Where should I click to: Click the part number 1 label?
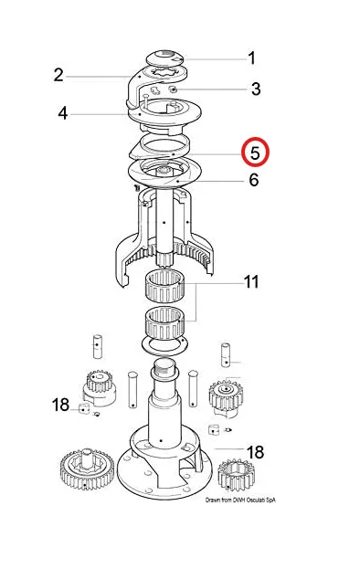pyautogui.click(x=252, y=58)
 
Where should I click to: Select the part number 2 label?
pyautogui.click(x=58, y=75)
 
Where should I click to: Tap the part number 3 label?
pyautogui.click(x=256, y=89)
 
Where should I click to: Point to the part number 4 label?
pyautogui.click(x=63, y=113)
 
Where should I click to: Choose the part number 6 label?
pyautogui.click(x=254, y=180)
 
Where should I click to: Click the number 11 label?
pyautogui.click(x=251, y=281)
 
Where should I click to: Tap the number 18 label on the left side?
pyautogui.click(x=60, y=405)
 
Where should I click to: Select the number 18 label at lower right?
pyautogui.click(x=255, y=452)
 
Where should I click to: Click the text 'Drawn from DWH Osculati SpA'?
pyautogui.click(x=240, y=500)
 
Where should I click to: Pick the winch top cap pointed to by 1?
pyautogui.click(x=166, y=59)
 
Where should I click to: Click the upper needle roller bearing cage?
pyautogui.click(x=164, y=286)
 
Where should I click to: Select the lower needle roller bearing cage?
pyautogui.click(x=164, y=323)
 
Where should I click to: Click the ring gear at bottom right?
pyautogui.click(x=236, y=475)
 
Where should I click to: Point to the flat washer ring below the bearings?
pyautogui.click(x=164, y=344)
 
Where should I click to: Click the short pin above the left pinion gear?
pyautogui.click(x=97, y=346)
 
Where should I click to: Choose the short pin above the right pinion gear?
pyautogui.click(x=226, y=355)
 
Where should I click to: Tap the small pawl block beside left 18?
pyautogui.click(x=84, y=408)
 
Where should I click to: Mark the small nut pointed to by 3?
pyautogui.click(x=174, y=89)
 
